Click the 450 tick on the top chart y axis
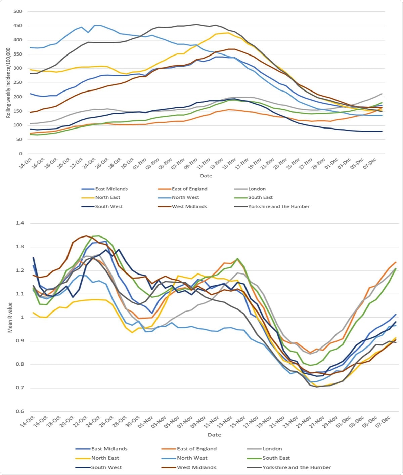(x=18, y=26)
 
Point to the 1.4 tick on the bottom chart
(x=20, y=223)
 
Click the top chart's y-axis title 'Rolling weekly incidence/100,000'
(x=8, y=82)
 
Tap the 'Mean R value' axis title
(x=10, y=318)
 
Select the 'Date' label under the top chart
(x=206, y=176)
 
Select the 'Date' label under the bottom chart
(x=214, y=435)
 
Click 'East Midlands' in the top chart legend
(x=111, y=189)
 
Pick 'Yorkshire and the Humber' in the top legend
(x=279, y=207)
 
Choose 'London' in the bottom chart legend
(x=272, y=449)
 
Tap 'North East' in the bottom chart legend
(x=105, y=458)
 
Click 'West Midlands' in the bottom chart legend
(x=196, y=467)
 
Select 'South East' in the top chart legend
(x=260, y=198)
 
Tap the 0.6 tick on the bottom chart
(x=20, y=411)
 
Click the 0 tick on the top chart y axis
(x=20, y=154)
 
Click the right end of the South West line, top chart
(x=382, y=132)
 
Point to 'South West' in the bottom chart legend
(x=106, y=467)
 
